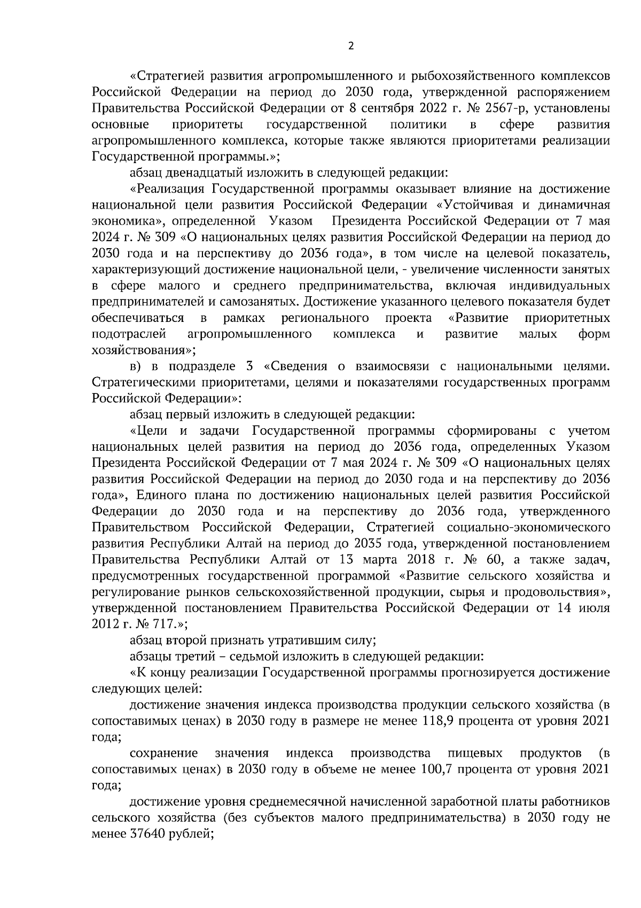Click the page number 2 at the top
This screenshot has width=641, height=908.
tap(350, 46)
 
